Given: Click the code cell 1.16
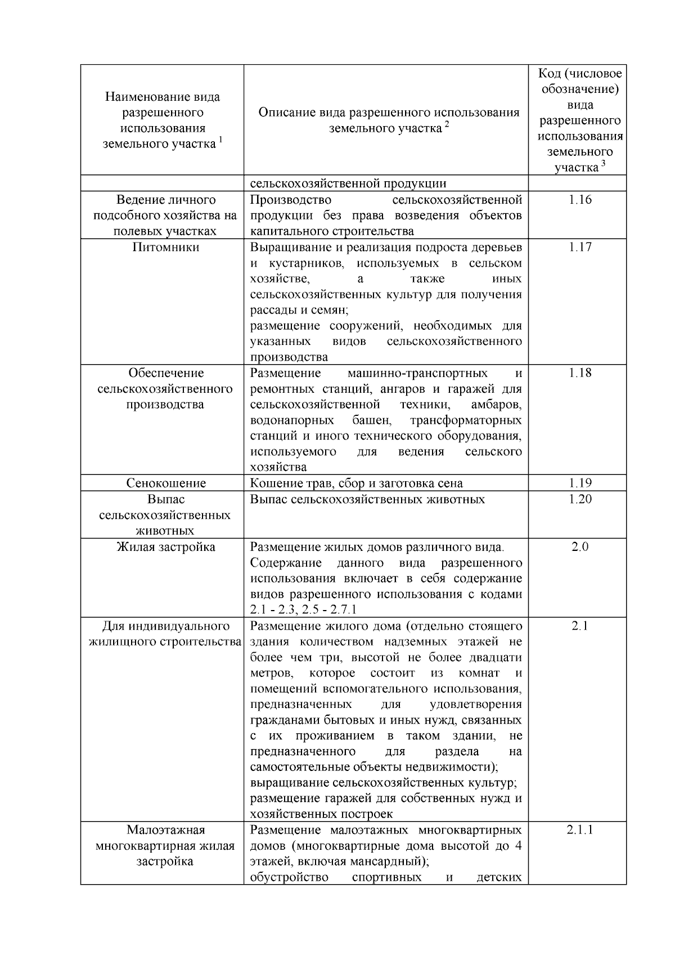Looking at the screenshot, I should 580,200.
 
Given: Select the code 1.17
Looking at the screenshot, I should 580,247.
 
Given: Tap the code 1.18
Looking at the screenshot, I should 580,373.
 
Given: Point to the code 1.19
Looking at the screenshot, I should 580,483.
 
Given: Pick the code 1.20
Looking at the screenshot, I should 580,499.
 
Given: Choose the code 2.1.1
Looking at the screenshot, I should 580,830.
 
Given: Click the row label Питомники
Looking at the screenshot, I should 166,247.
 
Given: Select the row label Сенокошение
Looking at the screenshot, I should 166,483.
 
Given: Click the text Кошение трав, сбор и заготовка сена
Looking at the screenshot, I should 356,483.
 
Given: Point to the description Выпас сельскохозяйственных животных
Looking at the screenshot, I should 367,499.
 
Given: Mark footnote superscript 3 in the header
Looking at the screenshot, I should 603,163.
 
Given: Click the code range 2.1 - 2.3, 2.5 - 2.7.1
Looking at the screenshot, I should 303,610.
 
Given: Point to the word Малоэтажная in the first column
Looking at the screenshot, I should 166,830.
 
